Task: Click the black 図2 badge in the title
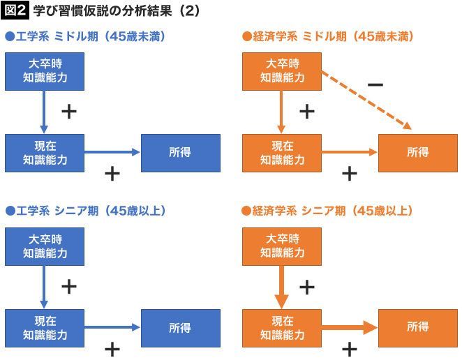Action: [x=15, y=12]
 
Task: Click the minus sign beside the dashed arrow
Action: [x=375, y=85]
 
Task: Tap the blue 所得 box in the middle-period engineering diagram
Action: [x=180, y=152]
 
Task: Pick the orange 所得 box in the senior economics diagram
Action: [x=418, y=327]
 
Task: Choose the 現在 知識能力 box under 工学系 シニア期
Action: [x=44, y=327]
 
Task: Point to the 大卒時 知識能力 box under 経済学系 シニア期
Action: [x=282, y=246]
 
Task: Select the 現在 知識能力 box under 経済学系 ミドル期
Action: [x=282, y=152]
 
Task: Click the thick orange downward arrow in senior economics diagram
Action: [x=281, y=286]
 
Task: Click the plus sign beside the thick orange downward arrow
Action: [x=307, y=287]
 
